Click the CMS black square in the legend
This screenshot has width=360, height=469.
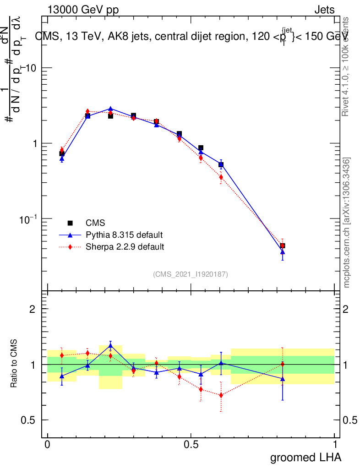pos(70,223)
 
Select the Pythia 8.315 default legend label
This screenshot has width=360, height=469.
pos(124,235)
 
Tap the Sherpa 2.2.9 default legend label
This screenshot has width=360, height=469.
pos(125,247)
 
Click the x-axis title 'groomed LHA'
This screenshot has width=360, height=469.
pos(306,457)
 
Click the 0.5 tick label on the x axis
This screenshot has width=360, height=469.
pos(191,444)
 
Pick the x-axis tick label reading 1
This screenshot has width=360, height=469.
pos(335,444)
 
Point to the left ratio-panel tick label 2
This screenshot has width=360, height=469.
pos(32,309)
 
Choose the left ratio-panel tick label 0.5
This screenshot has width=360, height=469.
pos(28,420)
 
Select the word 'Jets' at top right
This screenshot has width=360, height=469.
pos(324,10)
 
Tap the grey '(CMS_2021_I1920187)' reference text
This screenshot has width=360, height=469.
pos(191,274)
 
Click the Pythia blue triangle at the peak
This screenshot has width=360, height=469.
pos(110,109)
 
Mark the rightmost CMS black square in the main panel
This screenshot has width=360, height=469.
pos(283,246)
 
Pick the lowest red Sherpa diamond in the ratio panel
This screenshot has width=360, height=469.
pos(221,395)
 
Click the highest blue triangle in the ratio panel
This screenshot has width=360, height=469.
pos(110,346)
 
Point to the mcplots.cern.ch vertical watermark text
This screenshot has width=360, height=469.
pos(347,223)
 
